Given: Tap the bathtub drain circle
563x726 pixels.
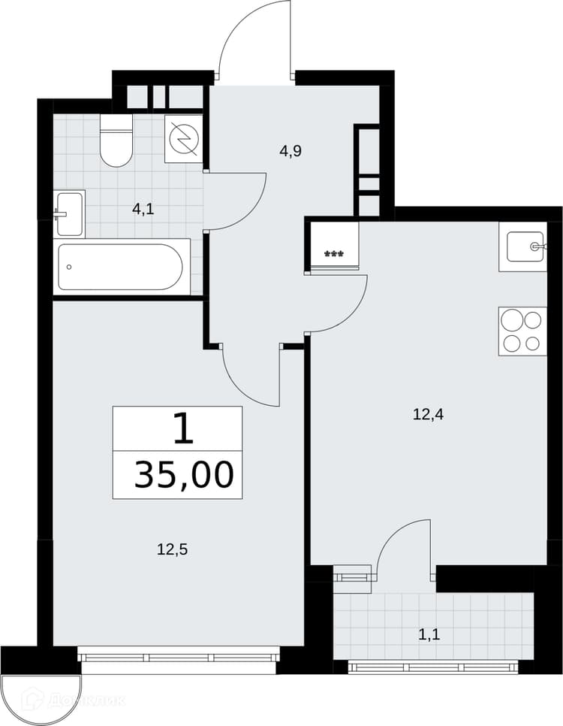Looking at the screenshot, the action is point(69,267).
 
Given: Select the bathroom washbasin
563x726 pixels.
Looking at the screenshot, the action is point(69,214).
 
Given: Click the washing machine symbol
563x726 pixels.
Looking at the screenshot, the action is point(184,138).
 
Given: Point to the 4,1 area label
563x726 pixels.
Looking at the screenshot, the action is point(143,209).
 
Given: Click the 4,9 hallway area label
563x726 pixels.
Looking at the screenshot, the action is point(291,151).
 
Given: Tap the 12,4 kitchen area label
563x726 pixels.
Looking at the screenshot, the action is point(428,414).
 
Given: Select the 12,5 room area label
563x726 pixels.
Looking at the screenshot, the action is point(173,550).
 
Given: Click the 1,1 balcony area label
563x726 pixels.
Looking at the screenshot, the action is point(429,635).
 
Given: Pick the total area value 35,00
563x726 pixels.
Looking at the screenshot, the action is point(183,474).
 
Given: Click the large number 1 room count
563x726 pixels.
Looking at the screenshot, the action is point(183,428).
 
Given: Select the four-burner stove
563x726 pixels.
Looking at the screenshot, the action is point(522,331).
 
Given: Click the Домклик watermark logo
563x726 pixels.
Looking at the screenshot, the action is point(64,700).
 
